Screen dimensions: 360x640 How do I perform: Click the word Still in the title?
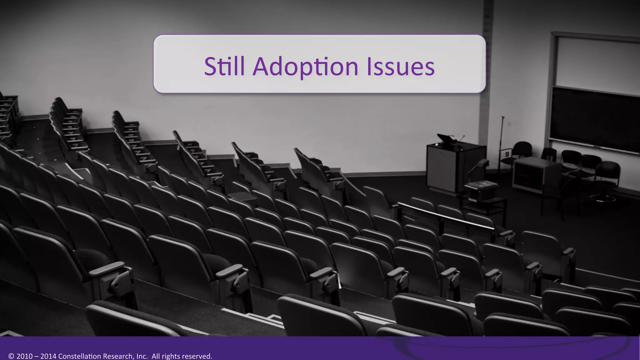tap(224, 66)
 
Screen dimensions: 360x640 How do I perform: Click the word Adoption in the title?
tap(305, 67)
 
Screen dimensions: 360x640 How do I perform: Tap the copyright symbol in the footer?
tap(12, 356)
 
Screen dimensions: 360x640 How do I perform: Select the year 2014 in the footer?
tap(48, 356)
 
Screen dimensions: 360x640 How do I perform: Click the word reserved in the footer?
tap(197, 356)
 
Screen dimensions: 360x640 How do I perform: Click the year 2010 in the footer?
tap(24, 356)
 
